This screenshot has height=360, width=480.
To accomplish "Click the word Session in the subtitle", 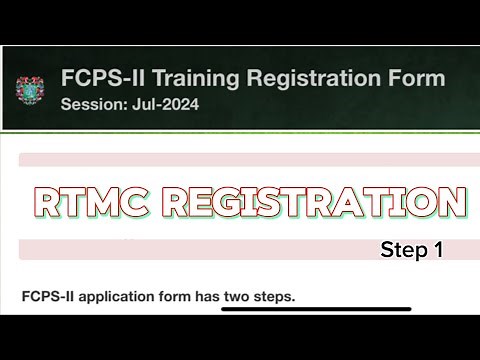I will (91, 103).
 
